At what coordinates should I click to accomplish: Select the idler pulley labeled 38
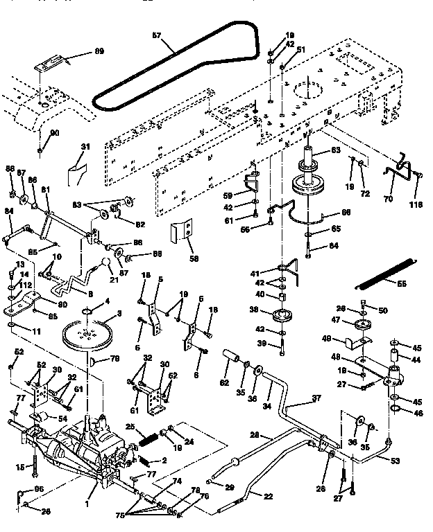click(x=282, y=317)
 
